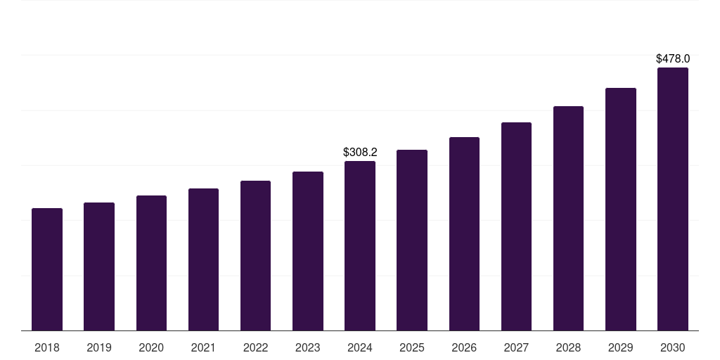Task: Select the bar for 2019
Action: point(99,266)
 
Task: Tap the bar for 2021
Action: point(203,259)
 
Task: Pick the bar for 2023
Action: point(308,251)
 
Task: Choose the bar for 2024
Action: point(360,246)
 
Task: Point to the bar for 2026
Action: point(464,234)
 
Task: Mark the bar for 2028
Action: point(568,219)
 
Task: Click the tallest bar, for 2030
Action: point(673,199)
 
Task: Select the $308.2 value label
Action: point(360,152)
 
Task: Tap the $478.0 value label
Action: point(673,59)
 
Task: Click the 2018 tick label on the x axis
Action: point(47,347)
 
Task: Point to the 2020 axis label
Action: point(151,347)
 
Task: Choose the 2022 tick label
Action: point(255,347)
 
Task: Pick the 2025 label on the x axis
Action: point(412,347)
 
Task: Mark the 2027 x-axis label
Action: point(516,347)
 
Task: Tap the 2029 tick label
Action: point(620,347)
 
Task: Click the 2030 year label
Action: point(673,347)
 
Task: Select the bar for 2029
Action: point(620,210)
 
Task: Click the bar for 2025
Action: point(412,240)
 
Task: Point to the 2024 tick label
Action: point(360,347)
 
